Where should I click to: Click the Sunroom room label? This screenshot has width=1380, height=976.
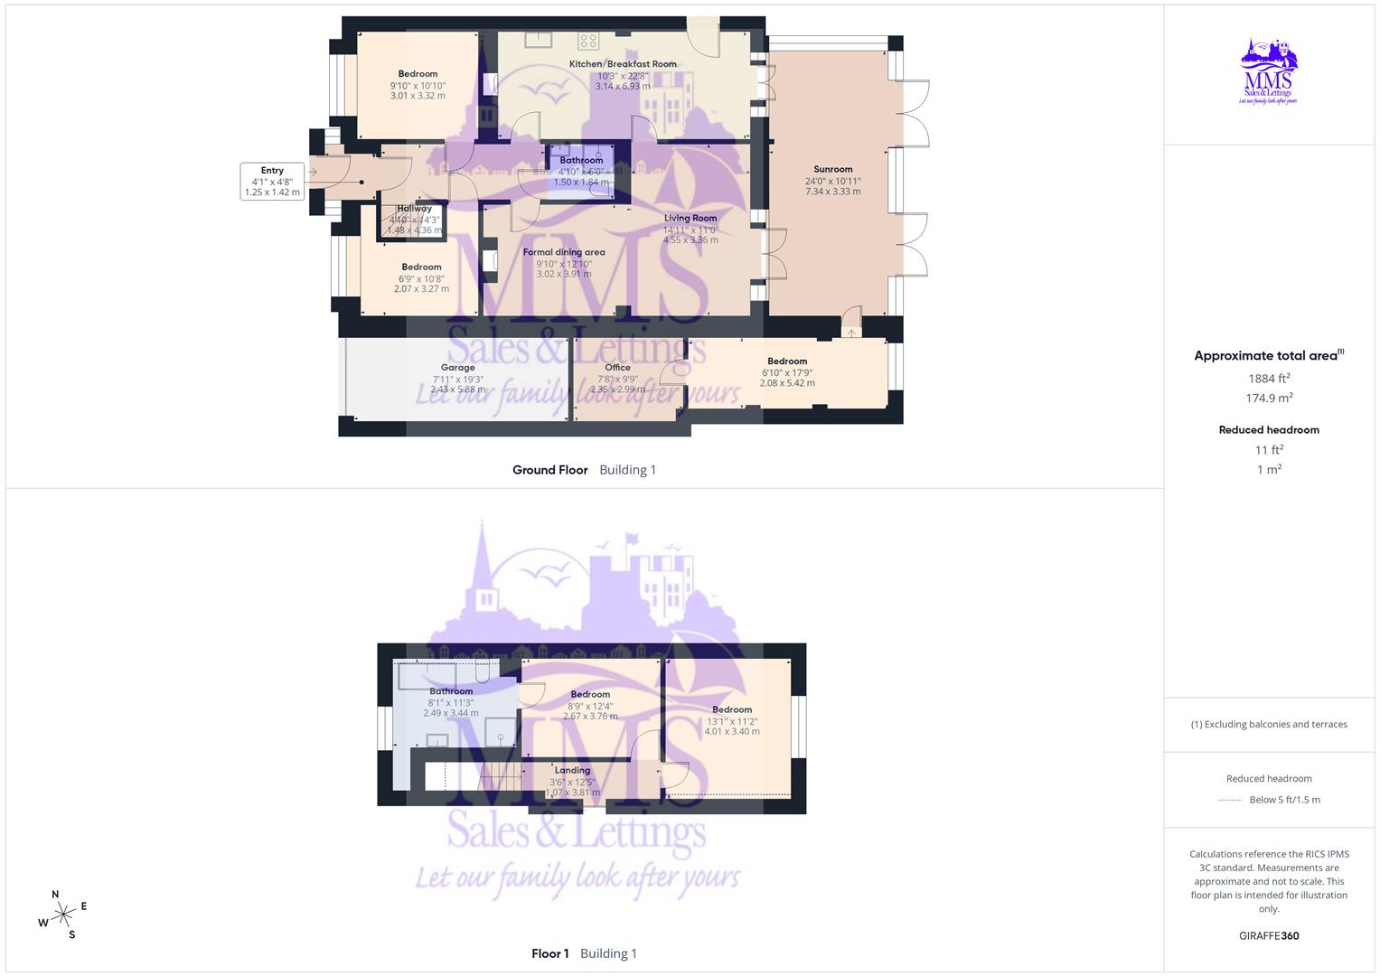(x=832, y=169)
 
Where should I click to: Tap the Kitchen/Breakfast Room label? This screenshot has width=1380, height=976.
(x=623, y=64)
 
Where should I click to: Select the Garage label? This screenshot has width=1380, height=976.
(x=458, y=368)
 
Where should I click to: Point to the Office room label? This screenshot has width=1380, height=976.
(x=617, y=367)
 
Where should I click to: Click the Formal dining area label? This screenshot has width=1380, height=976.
(x=564, y=252)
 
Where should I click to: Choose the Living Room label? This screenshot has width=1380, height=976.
(x=690, y=218)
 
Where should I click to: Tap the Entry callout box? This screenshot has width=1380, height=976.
(x=272, y=181)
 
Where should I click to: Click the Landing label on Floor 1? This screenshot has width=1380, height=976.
(x=572, y=771)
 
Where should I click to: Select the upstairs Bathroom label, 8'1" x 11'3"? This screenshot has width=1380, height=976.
(x=451, y=691)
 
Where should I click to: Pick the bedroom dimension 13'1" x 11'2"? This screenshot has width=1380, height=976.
(x=732, y=721)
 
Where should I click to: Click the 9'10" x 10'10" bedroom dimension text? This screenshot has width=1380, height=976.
(x=418, y=86)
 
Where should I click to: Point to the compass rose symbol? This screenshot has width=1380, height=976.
(x=62, y=915)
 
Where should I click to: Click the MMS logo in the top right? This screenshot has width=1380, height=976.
(x=1269, y=72)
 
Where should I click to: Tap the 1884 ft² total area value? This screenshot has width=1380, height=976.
(x=1269, y=379)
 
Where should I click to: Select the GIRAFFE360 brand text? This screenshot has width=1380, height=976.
(x=1269, y=935)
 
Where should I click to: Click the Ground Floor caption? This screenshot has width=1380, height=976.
(x=549, y=470)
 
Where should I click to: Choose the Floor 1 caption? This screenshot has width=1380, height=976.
(x=549, y=953)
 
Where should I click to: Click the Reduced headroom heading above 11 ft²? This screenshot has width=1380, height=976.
(x=1269, y=430)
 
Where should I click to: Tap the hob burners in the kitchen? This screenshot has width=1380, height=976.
(x=588, y=39)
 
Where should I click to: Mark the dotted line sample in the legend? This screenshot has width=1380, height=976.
(x=1230, y=800)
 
